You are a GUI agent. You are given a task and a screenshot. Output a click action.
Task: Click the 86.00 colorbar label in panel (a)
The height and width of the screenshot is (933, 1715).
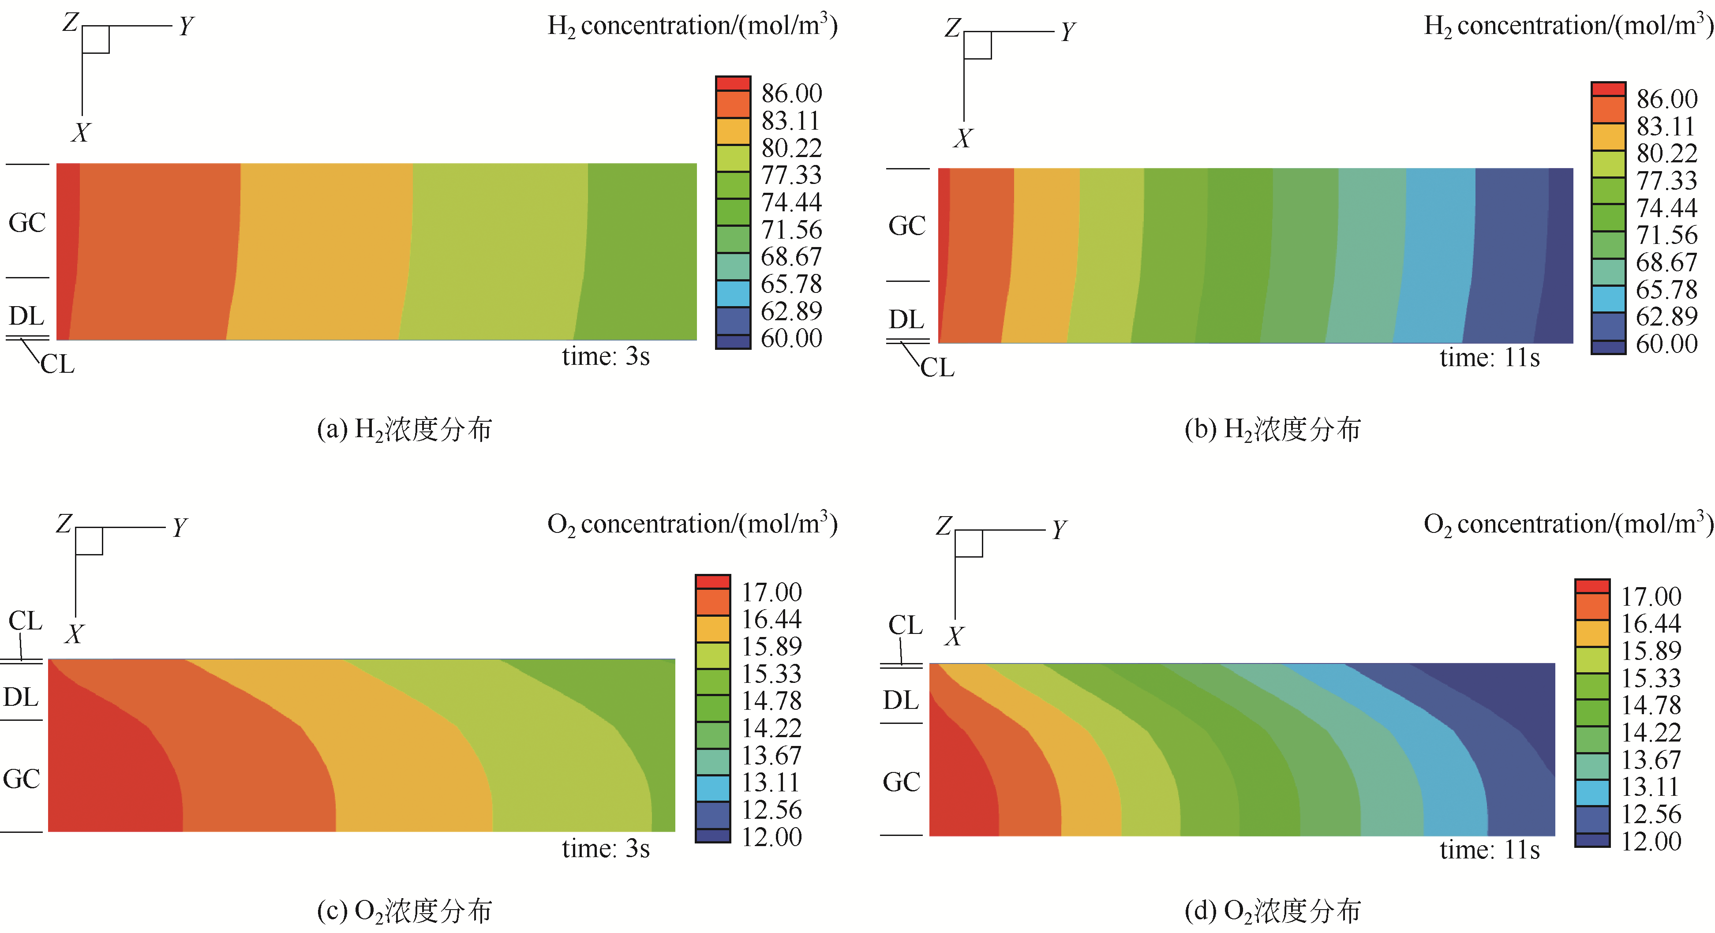[792, 93]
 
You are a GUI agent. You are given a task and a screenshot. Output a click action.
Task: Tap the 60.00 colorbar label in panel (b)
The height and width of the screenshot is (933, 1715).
[1666, 344]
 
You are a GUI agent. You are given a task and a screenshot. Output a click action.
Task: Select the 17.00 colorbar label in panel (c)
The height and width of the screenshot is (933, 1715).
[771, 592]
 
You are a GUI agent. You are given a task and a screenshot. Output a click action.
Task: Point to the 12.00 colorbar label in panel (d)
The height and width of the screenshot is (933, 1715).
[1651, 841]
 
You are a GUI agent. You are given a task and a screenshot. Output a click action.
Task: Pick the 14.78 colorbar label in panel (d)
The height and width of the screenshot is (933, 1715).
[1651, 705]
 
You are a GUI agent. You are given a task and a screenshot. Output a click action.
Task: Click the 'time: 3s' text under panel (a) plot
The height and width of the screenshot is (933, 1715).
[605, 357]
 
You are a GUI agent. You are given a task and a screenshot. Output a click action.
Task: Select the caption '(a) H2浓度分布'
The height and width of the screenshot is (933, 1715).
[404, 430]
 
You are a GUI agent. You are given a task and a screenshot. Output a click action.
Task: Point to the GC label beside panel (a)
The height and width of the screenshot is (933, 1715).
[27, 222]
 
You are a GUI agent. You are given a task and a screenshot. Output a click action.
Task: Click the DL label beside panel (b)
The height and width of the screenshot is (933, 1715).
[906, 320]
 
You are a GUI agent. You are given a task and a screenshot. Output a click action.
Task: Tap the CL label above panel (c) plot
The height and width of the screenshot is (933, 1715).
[25, 621]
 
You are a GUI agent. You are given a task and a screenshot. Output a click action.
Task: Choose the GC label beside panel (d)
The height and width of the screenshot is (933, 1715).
[902, 782]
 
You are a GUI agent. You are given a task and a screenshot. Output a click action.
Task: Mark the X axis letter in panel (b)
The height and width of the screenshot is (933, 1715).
[962, 139]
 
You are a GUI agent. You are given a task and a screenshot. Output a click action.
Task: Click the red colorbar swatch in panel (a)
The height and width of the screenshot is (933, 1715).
[733, 84]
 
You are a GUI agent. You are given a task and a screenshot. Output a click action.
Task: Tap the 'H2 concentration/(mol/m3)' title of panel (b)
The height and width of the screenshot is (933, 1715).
[1568, 25]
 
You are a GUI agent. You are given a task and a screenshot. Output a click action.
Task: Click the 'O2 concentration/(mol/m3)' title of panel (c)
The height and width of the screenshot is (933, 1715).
[692, 524]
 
